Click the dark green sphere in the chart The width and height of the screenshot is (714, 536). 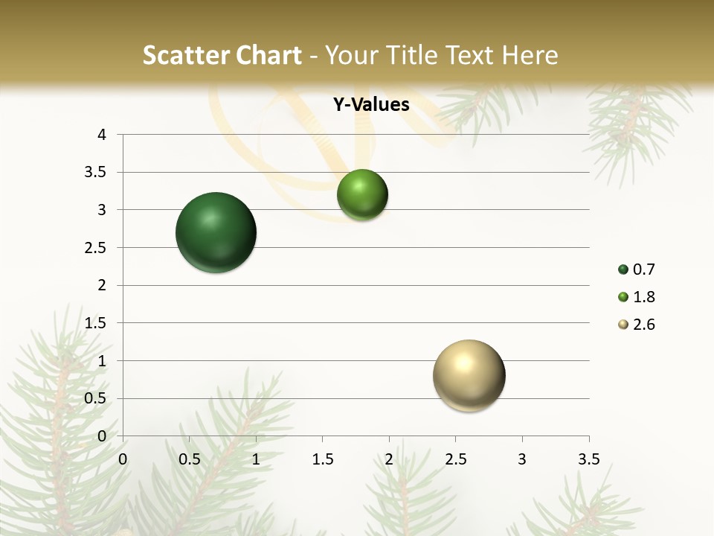click(216, 232)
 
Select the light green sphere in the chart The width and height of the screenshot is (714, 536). click(362, 194)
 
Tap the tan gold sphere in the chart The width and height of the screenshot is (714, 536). click(469, 375)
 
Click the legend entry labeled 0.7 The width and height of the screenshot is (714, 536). click(637, 269)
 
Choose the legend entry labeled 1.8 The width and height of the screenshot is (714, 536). click(637, 297)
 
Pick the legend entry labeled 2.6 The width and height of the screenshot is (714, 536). click(637, 325)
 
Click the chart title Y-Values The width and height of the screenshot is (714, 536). click(370, 105)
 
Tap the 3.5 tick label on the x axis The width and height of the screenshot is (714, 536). click(588, 459)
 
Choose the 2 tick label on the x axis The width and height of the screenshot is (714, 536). click(389, 459)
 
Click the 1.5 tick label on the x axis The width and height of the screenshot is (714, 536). click(322, 459)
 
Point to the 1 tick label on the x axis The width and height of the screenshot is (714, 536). click(256, 459)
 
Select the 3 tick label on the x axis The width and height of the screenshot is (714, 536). click(522, 459)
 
